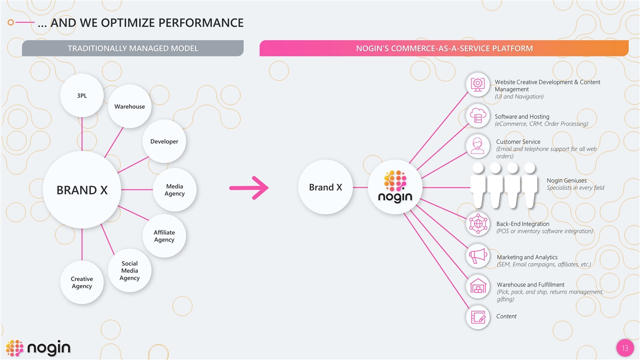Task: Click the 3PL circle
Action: (x=81, y=95)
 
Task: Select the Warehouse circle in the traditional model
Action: (x=129, y=106)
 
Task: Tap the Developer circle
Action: (x=164, y=141)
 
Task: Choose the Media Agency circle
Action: (x=174, y=190)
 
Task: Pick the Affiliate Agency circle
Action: (x=164, y=236)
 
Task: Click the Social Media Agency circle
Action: (x=129, y=270)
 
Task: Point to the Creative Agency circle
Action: (x=81, y=282)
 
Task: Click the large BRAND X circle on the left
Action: (x=82, y=190)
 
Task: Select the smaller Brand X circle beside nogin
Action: (x=325, y=187)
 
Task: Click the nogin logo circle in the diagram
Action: (x=395, y=187)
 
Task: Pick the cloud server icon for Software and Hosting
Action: (x=478, y=115)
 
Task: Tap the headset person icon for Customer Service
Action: (x=478, y=146)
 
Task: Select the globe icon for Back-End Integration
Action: (x=478, y=223)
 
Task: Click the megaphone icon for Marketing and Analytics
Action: (x=478, y=256)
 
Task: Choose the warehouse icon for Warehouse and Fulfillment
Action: (x=478, y=287)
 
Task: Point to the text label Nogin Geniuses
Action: (x=566, y=180)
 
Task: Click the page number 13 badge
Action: (x=624, y=348)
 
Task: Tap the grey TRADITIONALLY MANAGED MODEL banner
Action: (x=132, y=48)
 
